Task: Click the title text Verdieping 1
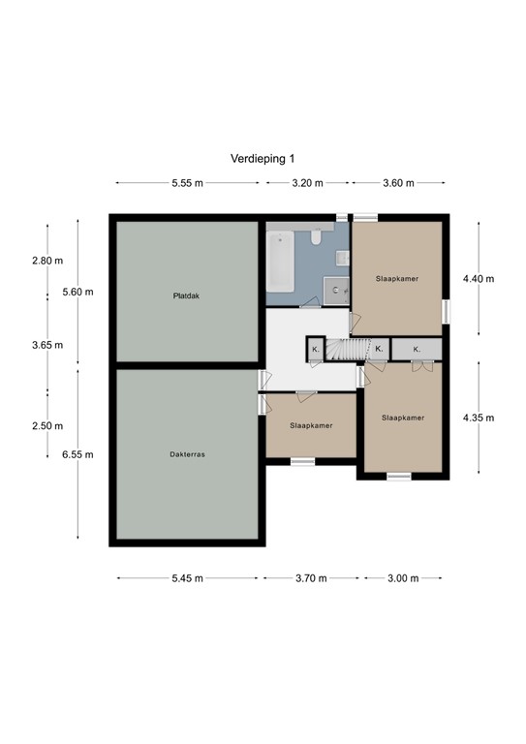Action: (263, 159)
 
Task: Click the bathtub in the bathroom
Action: (280, 261)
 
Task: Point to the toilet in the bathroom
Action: (317, 238)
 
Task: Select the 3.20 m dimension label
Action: (305, 182)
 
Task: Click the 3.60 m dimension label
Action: (398, 182)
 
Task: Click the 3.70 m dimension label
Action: (310, 578)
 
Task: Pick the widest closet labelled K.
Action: (417, 349)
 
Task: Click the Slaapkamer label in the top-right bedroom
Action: (397, 278)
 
